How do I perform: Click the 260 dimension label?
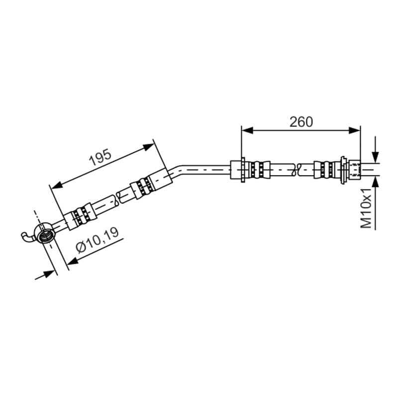coord(301,122)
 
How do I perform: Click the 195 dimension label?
coord(100,157)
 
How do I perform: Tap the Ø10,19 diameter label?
coord(97,240)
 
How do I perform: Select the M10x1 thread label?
coord(366,207)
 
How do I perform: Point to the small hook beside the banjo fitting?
coord(27,237)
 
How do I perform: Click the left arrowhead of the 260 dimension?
coord(247,130)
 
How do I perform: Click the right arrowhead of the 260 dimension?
coord(354,130)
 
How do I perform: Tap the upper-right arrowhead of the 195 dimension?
coord(148,147)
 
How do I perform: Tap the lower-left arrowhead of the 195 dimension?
coord(57,185)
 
